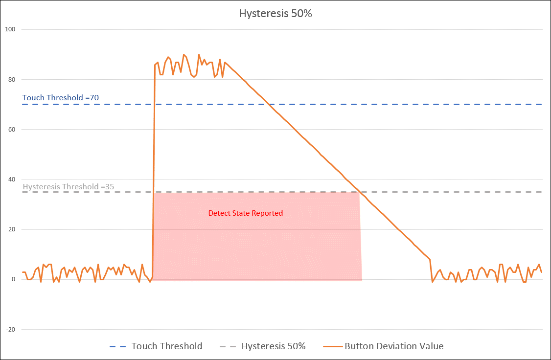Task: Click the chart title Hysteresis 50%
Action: click(275, 14)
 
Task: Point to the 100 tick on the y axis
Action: click(10, 29)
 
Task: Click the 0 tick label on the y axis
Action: click(14, 279)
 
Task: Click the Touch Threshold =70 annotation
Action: click(61, 98)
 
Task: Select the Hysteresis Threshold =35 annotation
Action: click(69, 186)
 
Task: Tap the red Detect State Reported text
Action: click(246, 213)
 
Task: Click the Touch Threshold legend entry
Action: click(166, 346)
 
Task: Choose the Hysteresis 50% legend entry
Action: click(274, 346)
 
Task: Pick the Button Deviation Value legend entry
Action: click(394, 346)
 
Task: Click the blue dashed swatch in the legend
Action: click(117, 346)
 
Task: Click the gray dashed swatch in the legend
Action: click(227, 346)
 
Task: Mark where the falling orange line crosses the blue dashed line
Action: click(269, 104)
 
